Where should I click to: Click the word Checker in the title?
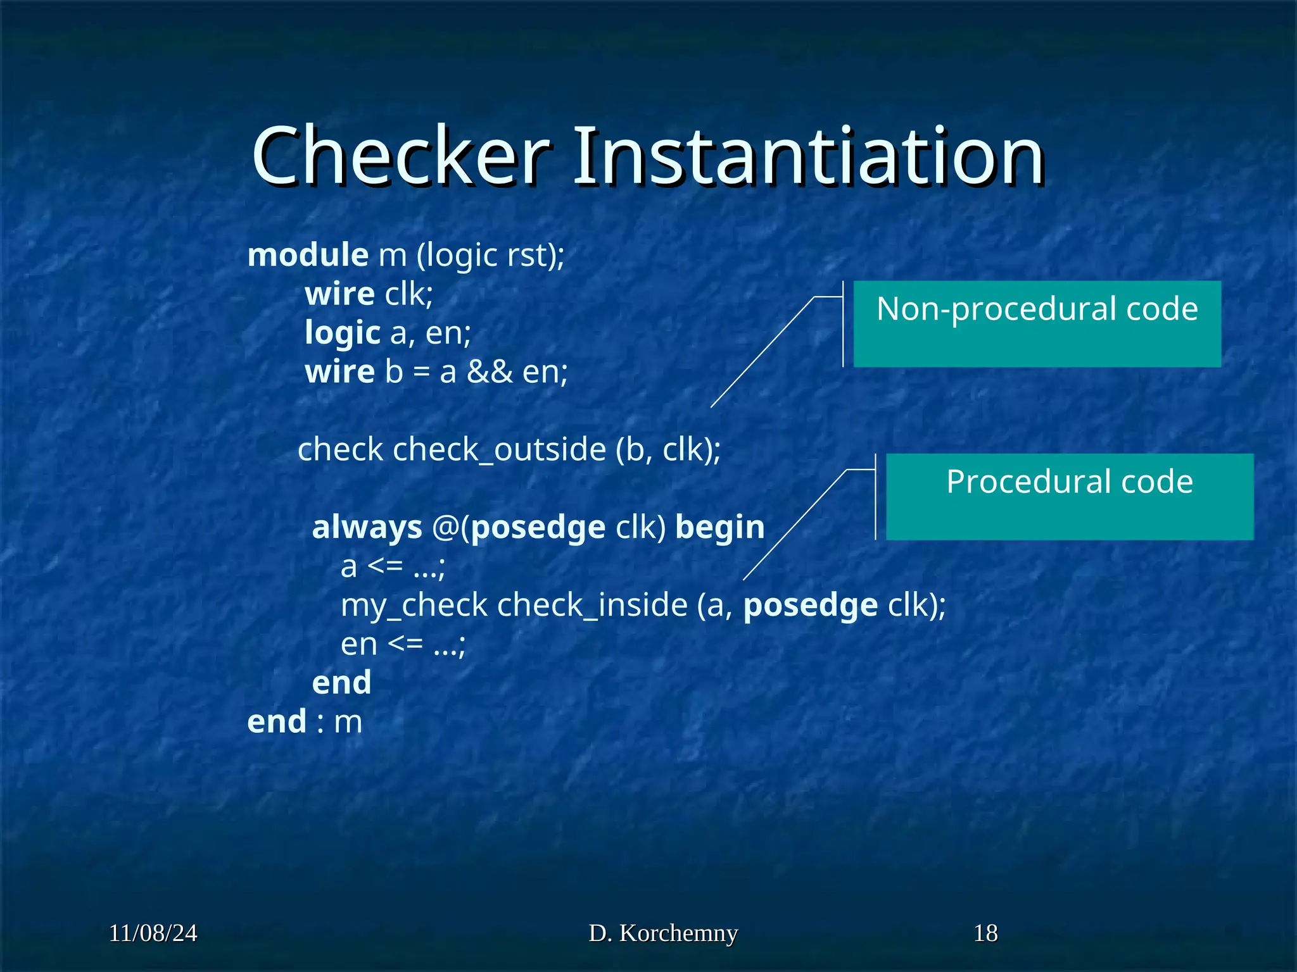point(401,156)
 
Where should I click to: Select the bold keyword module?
point(308,255)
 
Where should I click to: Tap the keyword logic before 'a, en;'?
point(343,333)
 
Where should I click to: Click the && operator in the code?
point(490,372)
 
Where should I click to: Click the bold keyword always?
point(367,527)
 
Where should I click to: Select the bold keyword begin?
point(720,527)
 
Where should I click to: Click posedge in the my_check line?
point(811,605)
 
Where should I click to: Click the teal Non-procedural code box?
point(1037,323)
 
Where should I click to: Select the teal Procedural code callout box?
point(1069,497)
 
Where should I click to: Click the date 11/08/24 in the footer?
point(153,933)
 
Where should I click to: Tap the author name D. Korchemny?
point(663,933)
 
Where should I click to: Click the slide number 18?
point(985,933)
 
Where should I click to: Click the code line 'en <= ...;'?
point(403,644)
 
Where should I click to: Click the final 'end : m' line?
point(305,722)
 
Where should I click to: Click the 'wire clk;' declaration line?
point(369,294)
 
